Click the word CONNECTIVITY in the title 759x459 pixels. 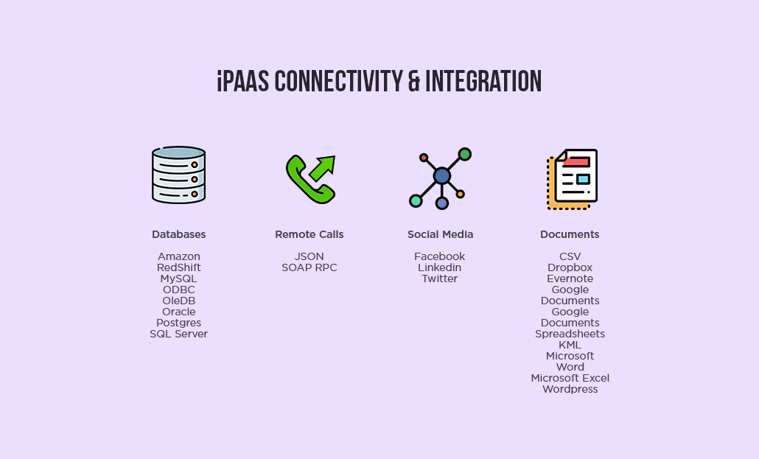[338, 81]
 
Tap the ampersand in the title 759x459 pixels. [414, 81]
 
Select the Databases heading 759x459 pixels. [178, 234]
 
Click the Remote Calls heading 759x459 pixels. [309, 234]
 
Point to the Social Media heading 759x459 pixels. [440, 234]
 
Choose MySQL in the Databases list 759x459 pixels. [178, 279]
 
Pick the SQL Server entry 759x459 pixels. [178, 334]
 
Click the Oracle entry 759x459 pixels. [178, 312]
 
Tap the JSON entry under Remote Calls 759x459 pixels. [309, 256]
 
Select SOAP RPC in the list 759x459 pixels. [309, 267]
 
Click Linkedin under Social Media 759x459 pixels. [439, 267]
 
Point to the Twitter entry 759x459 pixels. [439, 279]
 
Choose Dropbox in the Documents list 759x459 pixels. [570, 267]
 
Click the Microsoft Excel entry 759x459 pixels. [570, 378]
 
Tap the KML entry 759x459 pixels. [570, 346]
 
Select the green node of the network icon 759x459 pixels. [465, 155]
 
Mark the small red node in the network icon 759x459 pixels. [424, 158]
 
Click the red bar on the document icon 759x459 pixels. [576, 161]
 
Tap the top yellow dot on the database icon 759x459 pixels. [195, 164]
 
